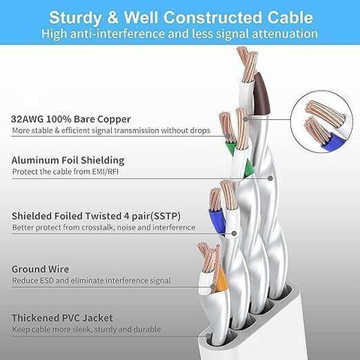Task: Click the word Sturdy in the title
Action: coord(75,18)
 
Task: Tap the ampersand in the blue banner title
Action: coord(112,17)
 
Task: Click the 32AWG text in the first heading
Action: coord(27,119)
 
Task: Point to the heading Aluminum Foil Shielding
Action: coord(67,160)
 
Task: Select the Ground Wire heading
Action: coord(40,269)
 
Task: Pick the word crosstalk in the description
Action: coord(94,227)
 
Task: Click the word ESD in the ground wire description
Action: coord(46,280)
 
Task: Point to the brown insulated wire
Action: coord(261,94)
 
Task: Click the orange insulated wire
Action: coord(220,279)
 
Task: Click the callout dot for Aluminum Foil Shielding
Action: coord(270,178)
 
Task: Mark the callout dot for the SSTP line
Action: coord(234,233)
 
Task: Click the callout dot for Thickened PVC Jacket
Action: coord(208,336)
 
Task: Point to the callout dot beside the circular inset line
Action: coord(246,119)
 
